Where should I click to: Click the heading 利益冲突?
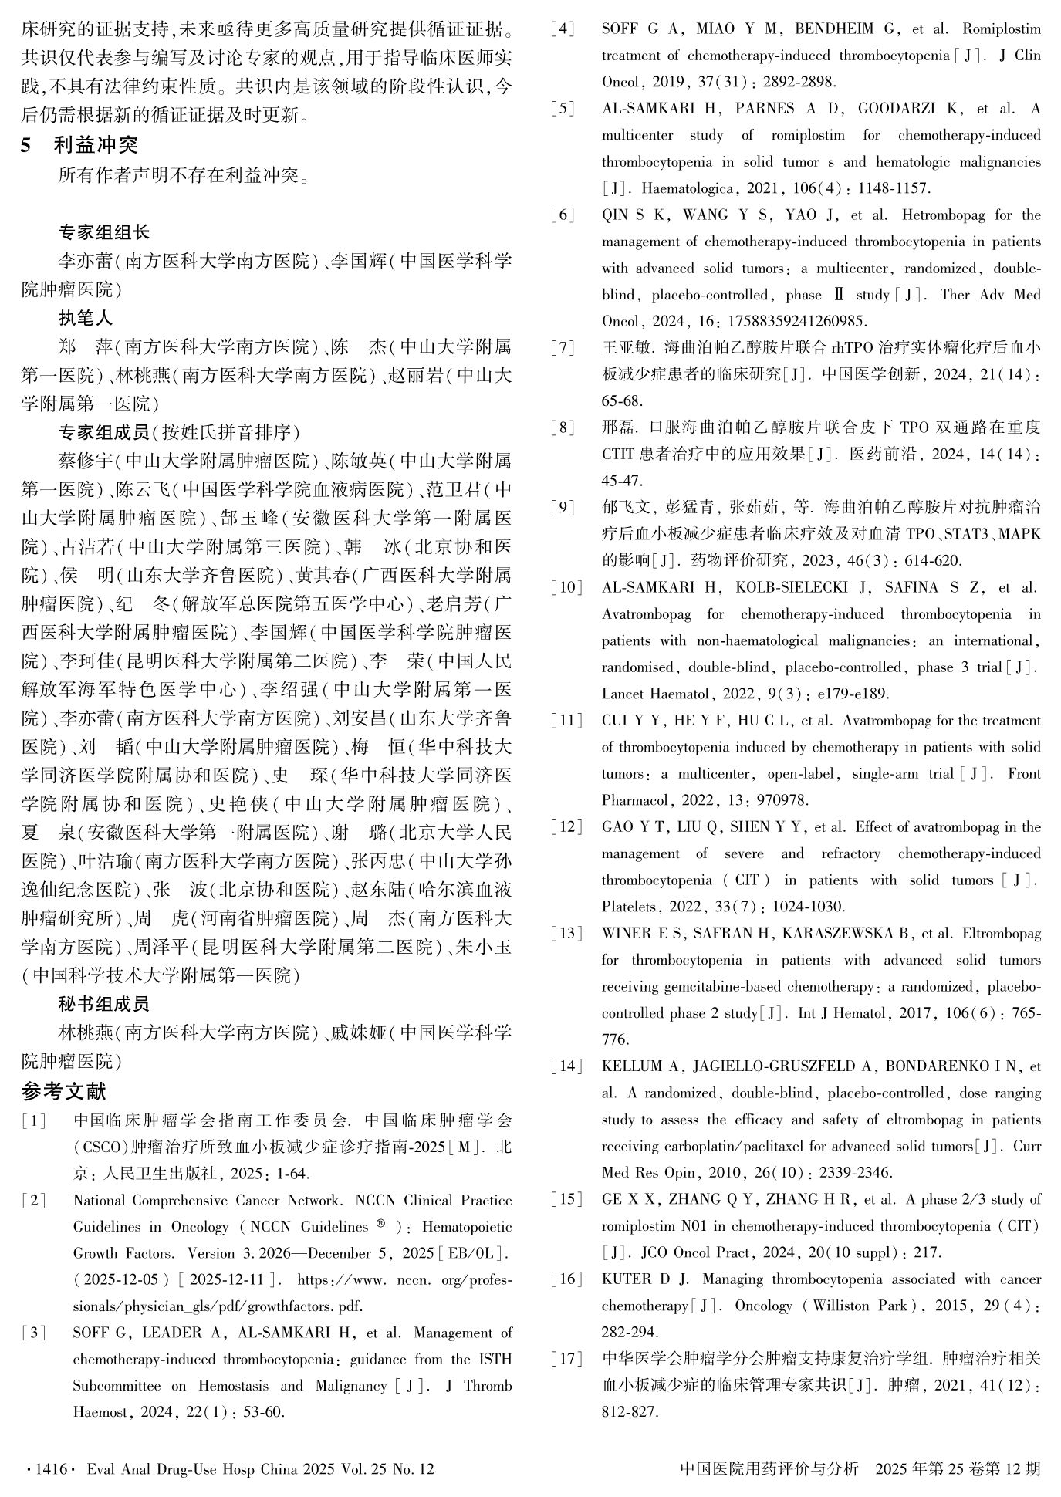click(x=96, y=144)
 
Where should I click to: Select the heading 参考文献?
click(x=64, y=1091)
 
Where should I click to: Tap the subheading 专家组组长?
click(x=104, y=231)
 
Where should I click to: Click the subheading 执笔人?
click(x=86, y=317)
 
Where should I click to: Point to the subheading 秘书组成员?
click(x=104, y=1003)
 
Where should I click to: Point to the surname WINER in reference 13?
click(x=625, y=933)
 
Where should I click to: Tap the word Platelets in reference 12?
click(x=629, y=906)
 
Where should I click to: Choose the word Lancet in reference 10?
click(x=624, y=693)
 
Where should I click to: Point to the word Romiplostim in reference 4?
click(x=1002, y=29)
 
